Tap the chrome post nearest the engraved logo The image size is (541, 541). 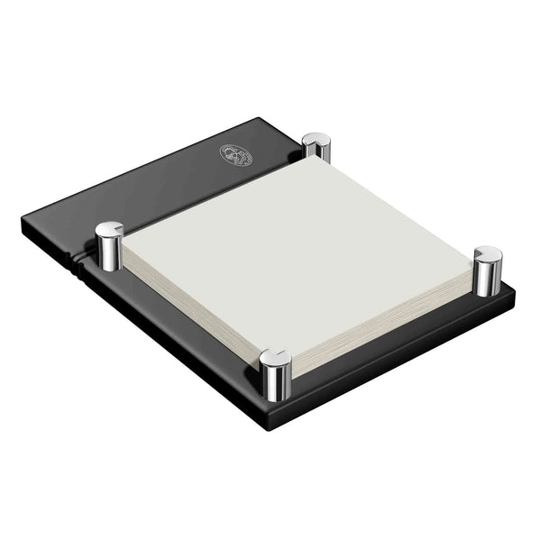316,149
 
